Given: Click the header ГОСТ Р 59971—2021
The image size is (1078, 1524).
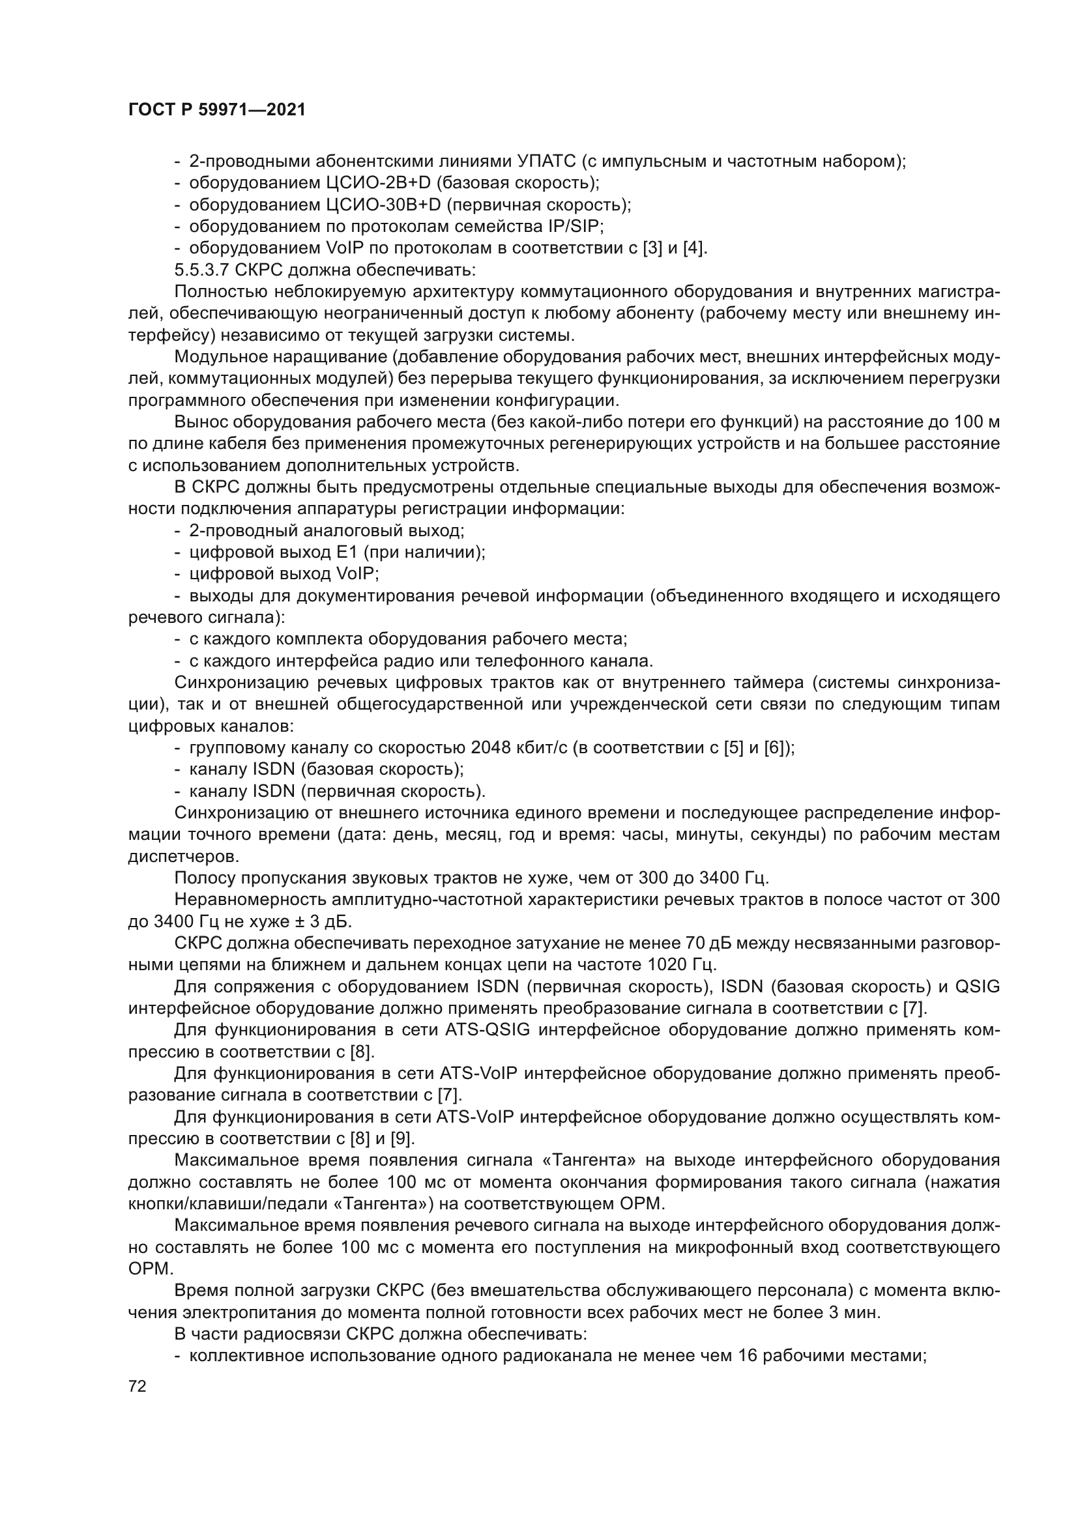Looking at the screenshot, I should pos(217,110).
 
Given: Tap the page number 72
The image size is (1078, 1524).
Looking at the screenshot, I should pos(138,1387).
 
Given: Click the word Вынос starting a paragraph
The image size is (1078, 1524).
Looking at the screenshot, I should pos(201,422).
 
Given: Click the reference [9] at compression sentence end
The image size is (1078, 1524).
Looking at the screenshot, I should pos(401,1139).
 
